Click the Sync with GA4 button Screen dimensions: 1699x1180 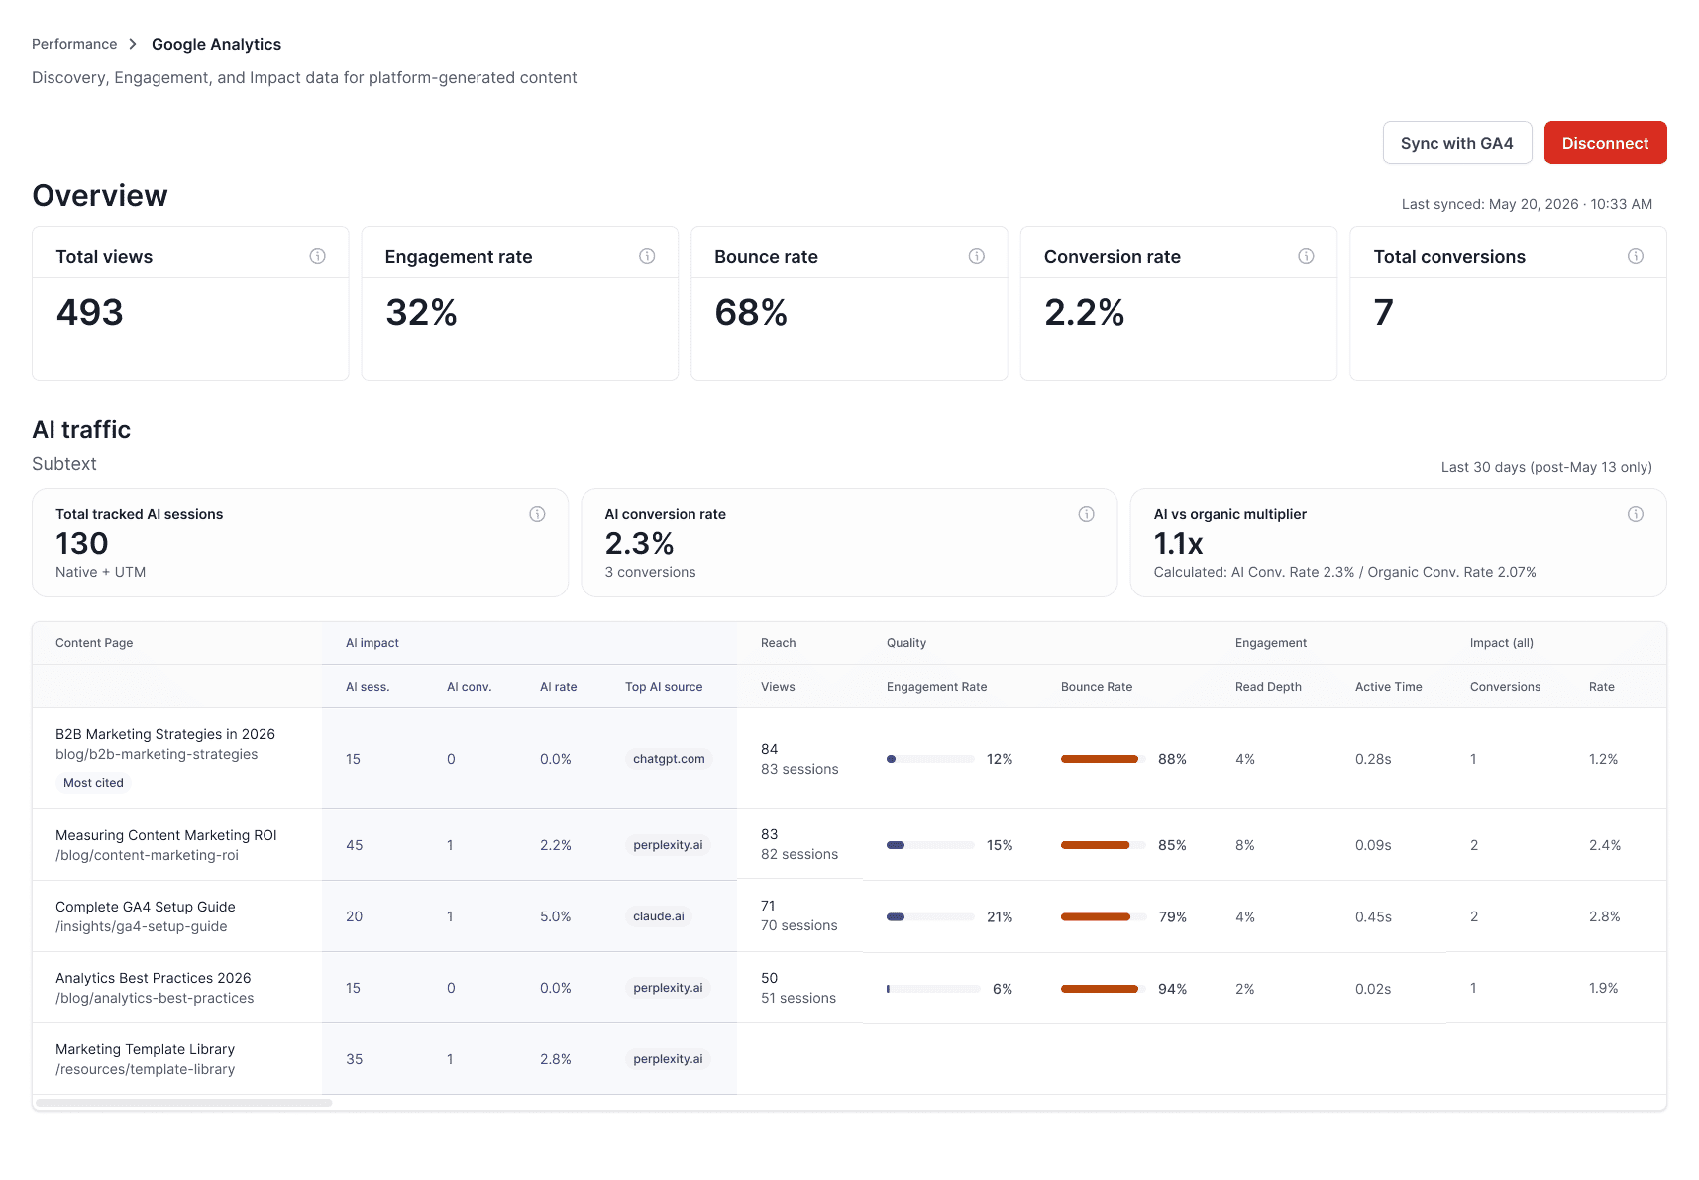(1457, 143)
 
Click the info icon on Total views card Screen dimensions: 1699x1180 (318, 256)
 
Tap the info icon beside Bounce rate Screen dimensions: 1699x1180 (977, 256)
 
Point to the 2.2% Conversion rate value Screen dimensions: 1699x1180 (1084, 313)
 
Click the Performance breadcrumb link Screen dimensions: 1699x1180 (74, 44)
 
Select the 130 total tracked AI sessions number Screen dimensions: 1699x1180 (82, 544)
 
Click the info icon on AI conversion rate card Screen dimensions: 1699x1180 (1087, 514)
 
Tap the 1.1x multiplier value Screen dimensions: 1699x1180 (1178, 544)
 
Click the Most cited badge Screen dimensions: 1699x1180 (93, 783)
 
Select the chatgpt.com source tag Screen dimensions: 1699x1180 (669, 759)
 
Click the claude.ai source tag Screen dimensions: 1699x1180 (659, 916)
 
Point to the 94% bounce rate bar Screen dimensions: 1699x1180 (1100, 989)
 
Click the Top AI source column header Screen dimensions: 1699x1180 (664, 687)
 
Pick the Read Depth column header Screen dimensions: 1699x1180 (1268, 687)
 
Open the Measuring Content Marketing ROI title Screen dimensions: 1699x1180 (166, 835)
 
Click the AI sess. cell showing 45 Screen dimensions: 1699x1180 (354, 845)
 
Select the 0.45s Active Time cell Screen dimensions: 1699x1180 (1373, 917)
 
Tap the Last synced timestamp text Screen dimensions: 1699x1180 (1527, 204)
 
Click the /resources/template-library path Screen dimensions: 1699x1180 (146, 1069)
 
